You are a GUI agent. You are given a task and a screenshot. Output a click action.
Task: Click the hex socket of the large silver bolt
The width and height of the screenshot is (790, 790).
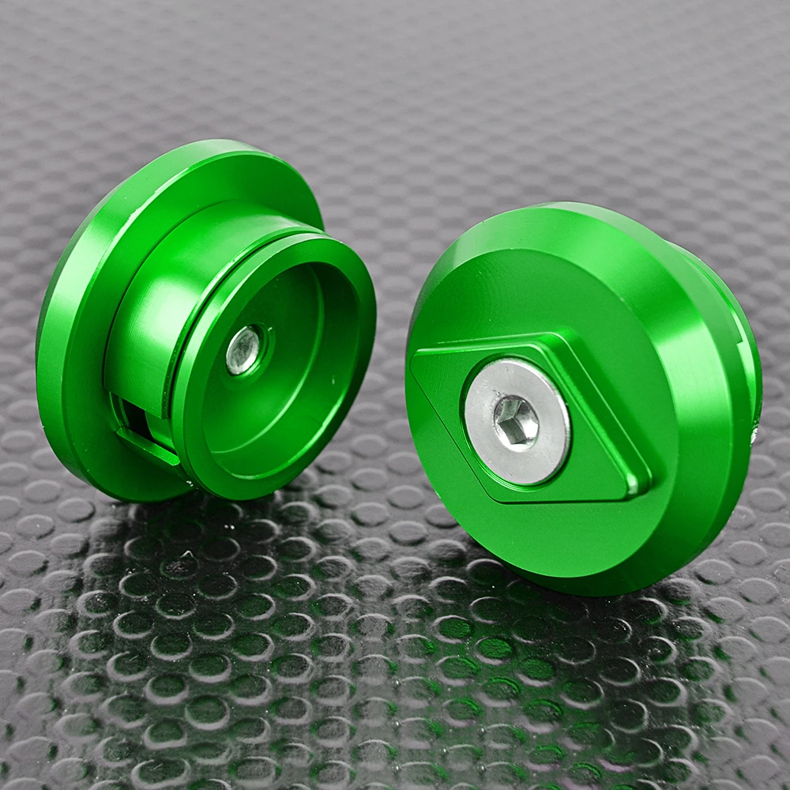pyautogui.click(x=516, y=422)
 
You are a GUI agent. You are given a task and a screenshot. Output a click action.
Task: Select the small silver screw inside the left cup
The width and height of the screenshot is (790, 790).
pyautogui.click(x=243, y=350)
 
